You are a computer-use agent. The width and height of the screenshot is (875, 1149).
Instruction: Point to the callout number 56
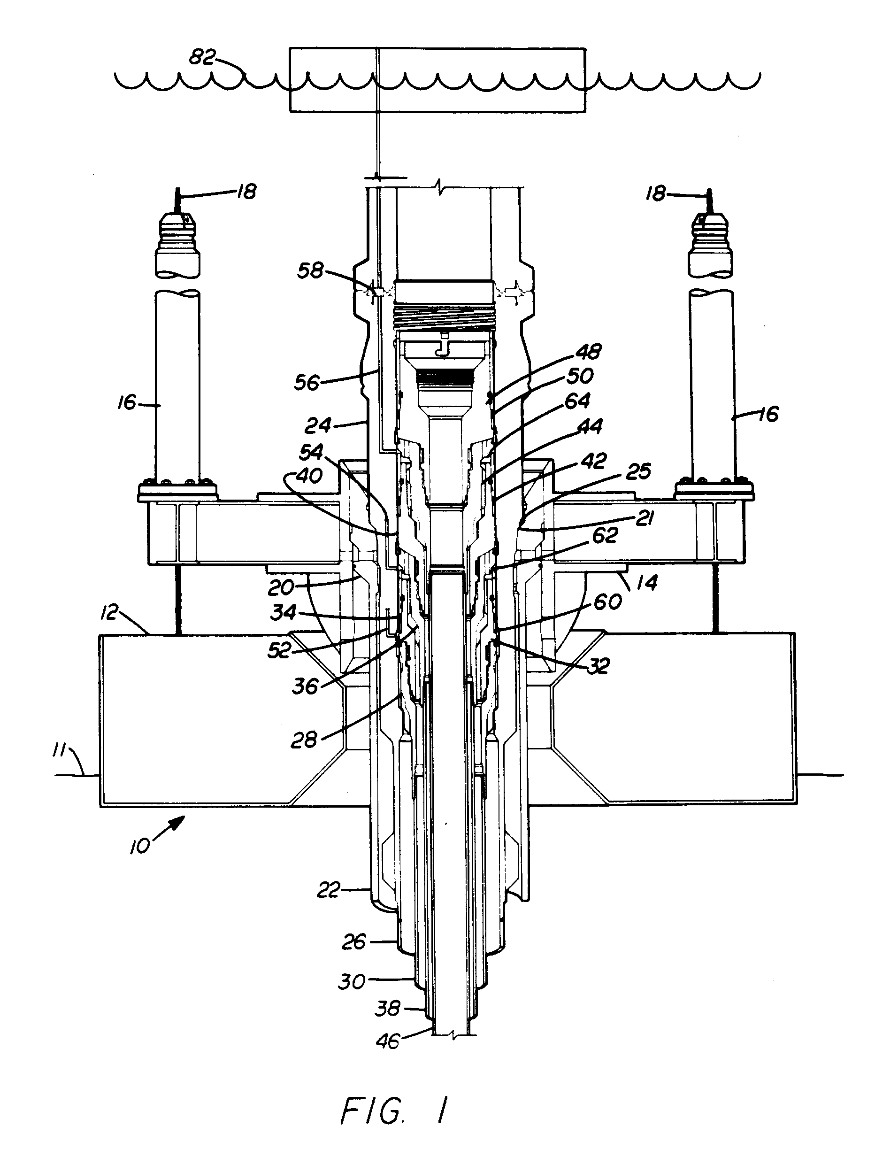[x=306, y=383]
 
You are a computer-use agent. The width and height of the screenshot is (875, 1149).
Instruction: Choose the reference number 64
[x=577, y=401]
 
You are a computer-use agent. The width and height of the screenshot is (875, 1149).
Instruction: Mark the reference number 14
[x=646, y=582]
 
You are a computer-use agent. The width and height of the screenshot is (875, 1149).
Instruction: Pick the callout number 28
[x=304, y=740]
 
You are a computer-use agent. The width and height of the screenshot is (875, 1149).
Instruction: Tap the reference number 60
[x=607, y=602]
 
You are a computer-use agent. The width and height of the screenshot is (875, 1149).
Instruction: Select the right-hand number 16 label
[x=767, y=414]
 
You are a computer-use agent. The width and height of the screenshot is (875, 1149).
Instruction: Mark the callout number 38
[x=388, y=1010]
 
